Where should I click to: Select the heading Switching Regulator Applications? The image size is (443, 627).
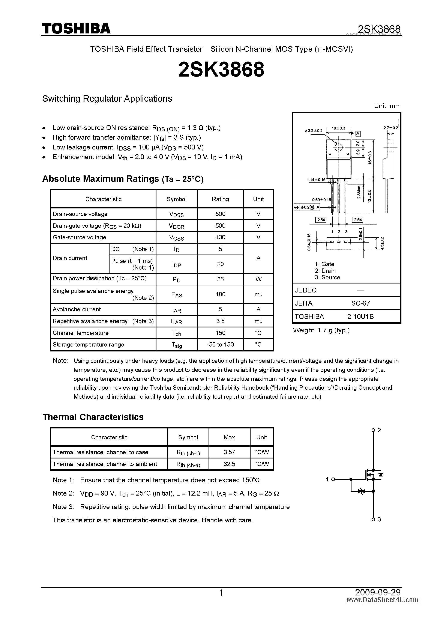pyautogui.click(x=107, y=99)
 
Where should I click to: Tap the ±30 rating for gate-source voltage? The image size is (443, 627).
pyautogui.click(x=220, y=237)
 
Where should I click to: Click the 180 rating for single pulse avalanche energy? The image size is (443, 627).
pyautogui.click(x=220, y=294)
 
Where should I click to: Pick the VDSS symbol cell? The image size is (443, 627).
pyautogui.click(x=176, y=214)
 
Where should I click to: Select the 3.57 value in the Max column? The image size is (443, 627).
pyautogui.click(x=229, y=452)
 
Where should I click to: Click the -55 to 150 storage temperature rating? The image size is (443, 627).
pyautogui.click(x=220, y=344)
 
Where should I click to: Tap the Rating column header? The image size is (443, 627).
pyautogui.click(x=220, y=199)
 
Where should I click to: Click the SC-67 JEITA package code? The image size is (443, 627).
pyautogui.click(x=360, y=303)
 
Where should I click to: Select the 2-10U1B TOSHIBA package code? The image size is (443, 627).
pyautogui.click(x=360, y=317)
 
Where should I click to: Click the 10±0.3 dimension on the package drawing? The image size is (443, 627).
pyautogui.click(x=338, y=128)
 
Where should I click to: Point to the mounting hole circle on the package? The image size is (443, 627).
pyautogui.click(x=338, y=148)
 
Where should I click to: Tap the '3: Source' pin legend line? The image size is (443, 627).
pyautogui.click(x=327, y=277)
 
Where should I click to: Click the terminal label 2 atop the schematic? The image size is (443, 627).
pyautogui.click(x=379, y=430)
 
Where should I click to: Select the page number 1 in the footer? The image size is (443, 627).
pyautogui.click(x=221, y=593)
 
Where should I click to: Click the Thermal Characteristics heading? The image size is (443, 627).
pyautogui.click(x=93, y=417)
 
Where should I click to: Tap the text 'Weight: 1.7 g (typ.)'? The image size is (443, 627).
pyautogui.click(x=321, y=330)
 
